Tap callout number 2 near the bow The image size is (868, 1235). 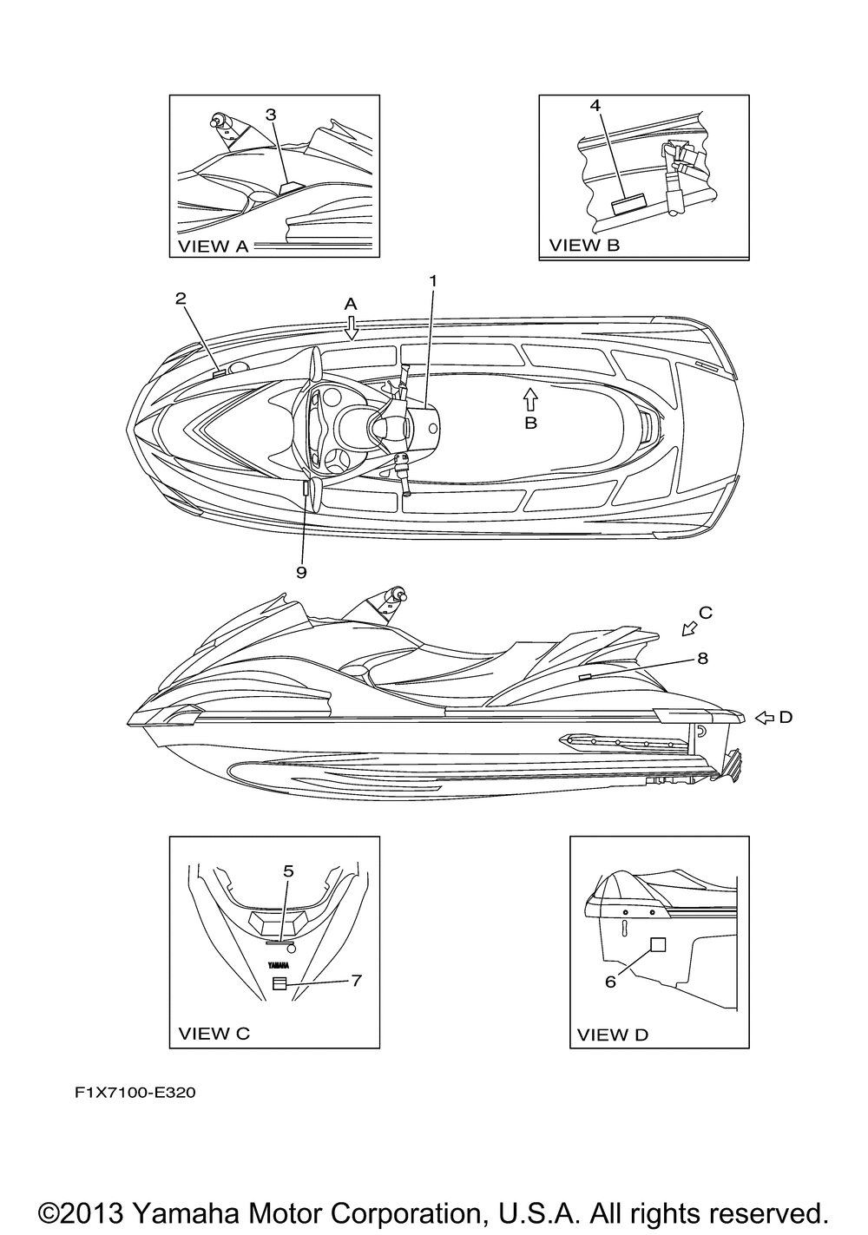point(181,299)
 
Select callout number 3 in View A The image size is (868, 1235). point(271,114)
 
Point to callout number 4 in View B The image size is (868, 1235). point(595,105)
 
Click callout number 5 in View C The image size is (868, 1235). point(288,870)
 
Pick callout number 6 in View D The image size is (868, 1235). point(610,981)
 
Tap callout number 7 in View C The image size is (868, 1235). point(356,980)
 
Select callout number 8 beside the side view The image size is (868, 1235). point(702,658)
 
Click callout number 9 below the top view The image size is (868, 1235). point(301,572)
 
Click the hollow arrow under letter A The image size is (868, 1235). point(351,327)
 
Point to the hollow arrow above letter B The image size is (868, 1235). point(530,398)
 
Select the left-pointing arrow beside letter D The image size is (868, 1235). point(764,717)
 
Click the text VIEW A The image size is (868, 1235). point(214,246)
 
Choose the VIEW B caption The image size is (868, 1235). point(584,245)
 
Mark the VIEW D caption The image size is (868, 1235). point(613,1034)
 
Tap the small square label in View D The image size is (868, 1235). point(658,945)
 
